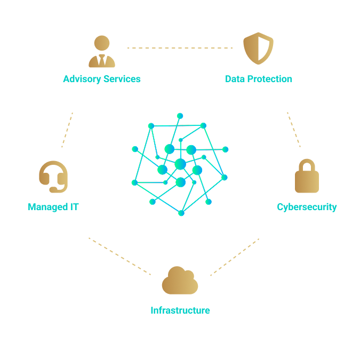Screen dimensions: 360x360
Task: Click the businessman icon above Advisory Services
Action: pyautogui.click(x=102, y=52)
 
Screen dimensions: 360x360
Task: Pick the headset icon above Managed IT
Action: pyautogui.click(x=53, y=177)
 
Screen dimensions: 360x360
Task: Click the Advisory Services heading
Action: pyautogui.click(x=102, y=79)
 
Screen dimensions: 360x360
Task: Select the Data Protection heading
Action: pyautogui.click(x=258, y=79)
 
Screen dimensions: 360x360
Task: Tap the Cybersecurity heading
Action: pyautogui.click(x=307, y=207)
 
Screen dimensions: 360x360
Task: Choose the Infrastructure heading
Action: pyautogui.click(x=180, y=310)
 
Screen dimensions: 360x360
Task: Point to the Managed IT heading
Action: pyautogui.click(x=53, y=207)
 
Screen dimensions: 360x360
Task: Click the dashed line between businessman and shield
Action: pyautogui.click(x=180, y=48)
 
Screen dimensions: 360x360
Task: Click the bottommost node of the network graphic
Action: pyautogui.click(x=181, y=213)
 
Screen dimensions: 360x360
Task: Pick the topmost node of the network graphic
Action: pyautogui.click(x=180, y=116)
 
